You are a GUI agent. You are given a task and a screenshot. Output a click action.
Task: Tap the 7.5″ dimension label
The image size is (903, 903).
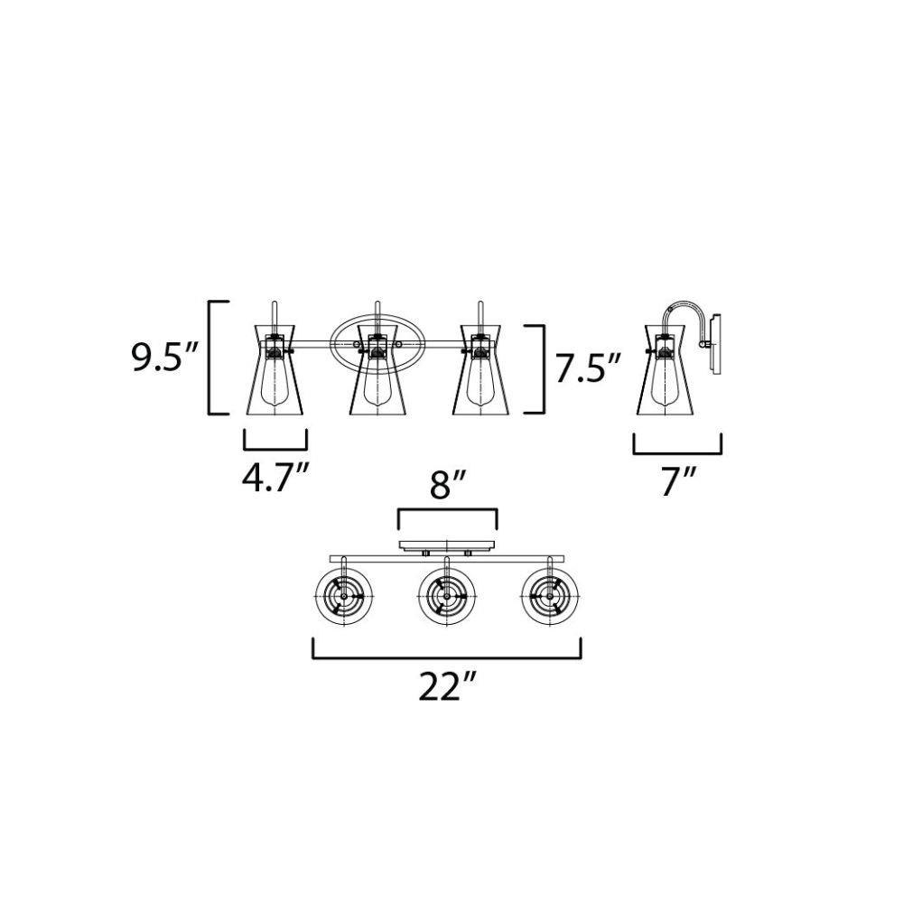[x=589, y=368]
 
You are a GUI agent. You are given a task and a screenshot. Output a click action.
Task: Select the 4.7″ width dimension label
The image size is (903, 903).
[x=275, y=478]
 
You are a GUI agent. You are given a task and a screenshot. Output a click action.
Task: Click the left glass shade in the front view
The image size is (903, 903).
[x=275, y=369]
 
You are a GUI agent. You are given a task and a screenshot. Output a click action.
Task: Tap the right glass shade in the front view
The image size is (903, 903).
[x=480, y=369]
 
